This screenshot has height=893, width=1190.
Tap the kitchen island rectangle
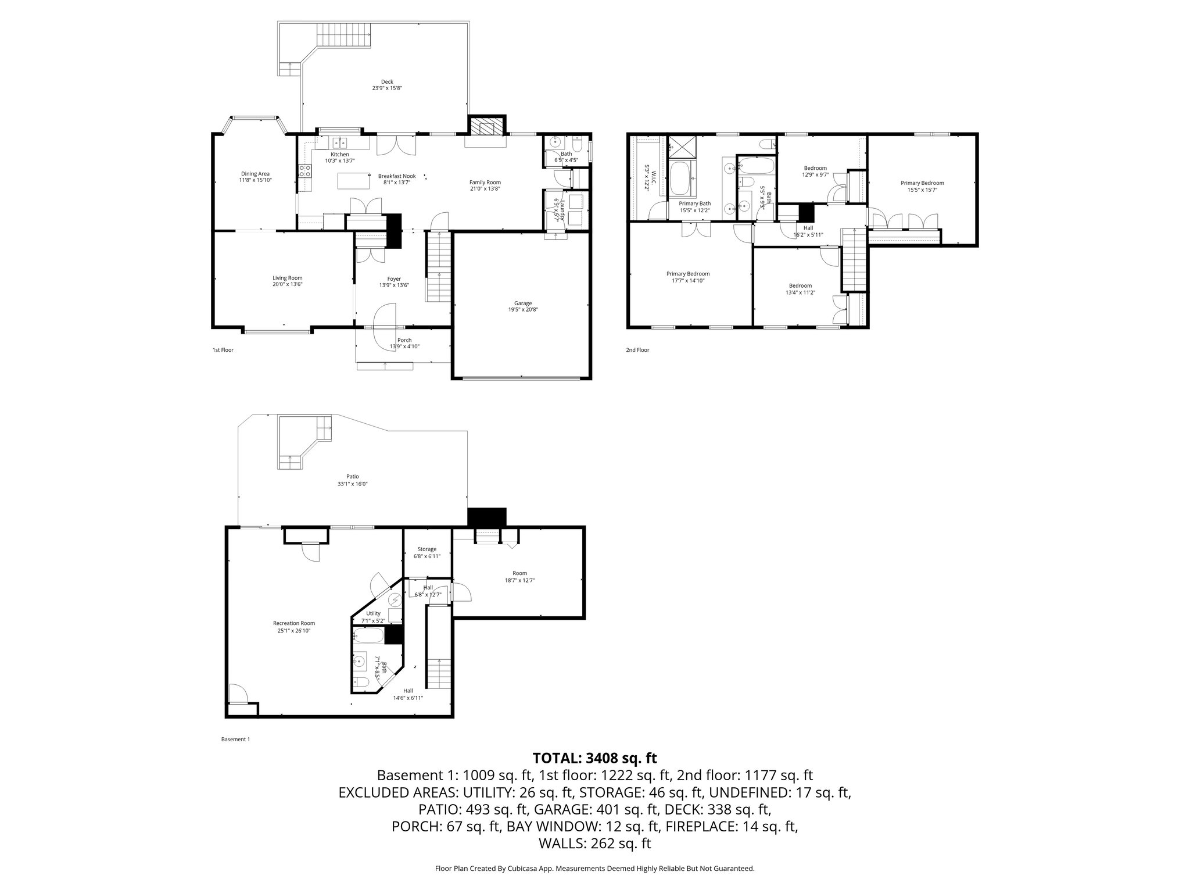pyautogui.click(x=354, y=180)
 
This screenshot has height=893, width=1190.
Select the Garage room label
pyautogui.click(x=523, y=303)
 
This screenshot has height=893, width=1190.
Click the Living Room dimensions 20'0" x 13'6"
pyautogui.click(x=288, y=284)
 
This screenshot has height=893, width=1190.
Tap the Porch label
pyautogui.click(x=404, y=340)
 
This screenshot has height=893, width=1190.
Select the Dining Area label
pyautogui.click(x=256, y=173)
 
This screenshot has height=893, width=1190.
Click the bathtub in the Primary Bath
pyautogui.click(x=680, y=178)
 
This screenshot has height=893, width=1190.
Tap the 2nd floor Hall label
pyautogui.click(x=808, y=228)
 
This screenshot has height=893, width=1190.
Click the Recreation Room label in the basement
pyautogui.click(x=294, y=623)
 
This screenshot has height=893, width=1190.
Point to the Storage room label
pyautogui.click(x=427, y=549)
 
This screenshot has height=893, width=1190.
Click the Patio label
pyautogui.click(x=353, y=477)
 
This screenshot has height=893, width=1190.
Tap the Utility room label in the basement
pyautogui.click(x=373, y=613)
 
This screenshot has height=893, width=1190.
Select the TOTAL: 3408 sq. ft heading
pyautogui.click(x=594, y=758)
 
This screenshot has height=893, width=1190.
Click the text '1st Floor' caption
pyautogui.click(x=223, y=350)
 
